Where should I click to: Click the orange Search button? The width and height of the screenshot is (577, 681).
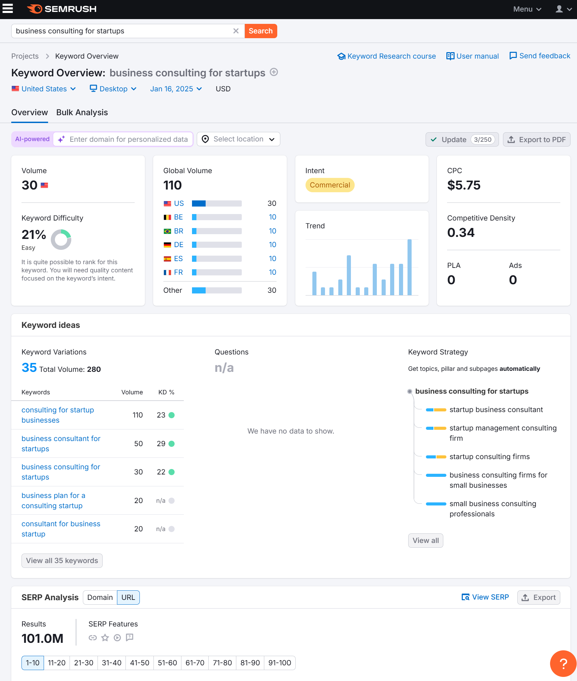click(261, 31)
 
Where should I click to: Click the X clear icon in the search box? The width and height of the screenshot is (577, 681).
click(236, 31)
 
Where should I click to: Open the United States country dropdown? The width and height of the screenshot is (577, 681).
click(44, 89)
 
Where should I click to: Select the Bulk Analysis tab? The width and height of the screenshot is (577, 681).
click(82, 112)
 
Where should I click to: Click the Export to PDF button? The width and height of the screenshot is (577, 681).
click(536, 139)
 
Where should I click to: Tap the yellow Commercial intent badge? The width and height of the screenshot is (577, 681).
click(330, 185)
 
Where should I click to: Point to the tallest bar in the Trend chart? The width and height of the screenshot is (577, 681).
click(409, 267)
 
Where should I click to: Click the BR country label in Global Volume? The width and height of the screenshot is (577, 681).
click(178, 231)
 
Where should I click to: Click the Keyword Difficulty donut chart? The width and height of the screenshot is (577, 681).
click(61, 239)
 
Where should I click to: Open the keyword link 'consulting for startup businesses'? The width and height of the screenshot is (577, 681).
click(58, 415)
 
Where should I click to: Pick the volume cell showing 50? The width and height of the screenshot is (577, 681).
click(138, 443)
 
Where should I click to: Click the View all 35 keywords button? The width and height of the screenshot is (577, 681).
click(62, 561)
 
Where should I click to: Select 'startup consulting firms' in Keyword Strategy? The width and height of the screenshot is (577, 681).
click(489, 457)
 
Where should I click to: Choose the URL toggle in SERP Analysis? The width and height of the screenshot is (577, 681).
click(128, 597)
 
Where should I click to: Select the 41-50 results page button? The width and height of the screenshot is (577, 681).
click(139, 663)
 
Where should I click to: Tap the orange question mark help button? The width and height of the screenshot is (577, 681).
click(563, 663)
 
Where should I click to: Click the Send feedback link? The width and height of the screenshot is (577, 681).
click(540, 56)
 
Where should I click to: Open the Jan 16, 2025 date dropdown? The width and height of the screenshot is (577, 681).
click(176, 89)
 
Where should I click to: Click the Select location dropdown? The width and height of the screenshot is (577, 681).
click(238, 139)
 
